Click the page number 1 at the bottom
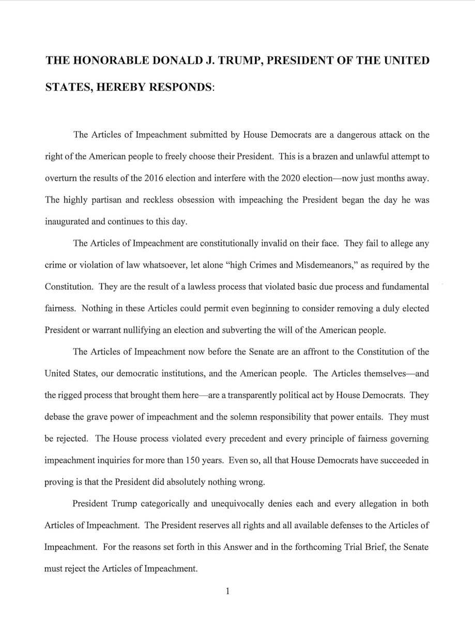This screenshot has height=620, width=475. pos(227,593)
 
